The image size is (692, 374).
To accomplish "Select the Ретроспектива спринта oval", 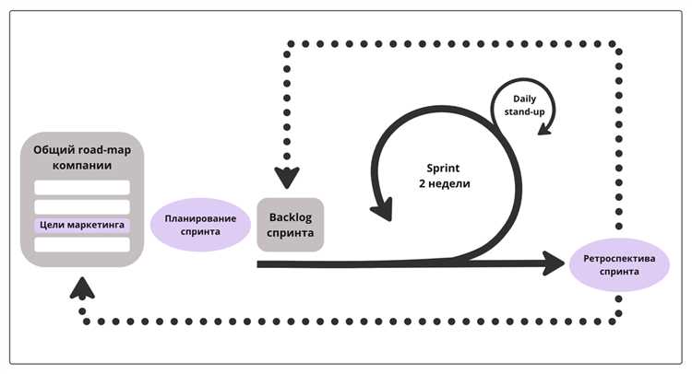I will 618,265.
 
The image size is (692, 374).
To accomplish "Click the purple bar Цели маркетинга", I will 82,225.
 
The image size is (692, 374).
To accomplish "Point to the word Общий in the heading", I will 54,150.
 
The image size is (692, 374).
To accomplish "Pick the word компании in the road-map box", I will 81,165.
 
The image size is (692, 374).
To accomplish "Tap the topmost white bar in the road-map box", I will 82,187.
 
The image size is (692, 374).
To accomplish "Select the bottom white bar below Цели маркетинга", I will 82,244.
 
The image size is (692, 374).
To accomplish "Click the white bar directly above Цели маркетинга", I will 82,205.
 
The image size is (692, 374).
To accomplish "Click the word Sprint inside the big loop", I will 445,169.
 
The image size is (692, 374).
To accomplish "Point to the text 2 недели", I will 445,183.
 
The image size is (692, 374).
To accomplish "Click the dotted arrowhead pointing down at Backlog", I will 288,178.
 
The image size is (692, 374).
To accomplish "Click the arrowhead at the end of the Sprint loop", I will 378,209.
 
